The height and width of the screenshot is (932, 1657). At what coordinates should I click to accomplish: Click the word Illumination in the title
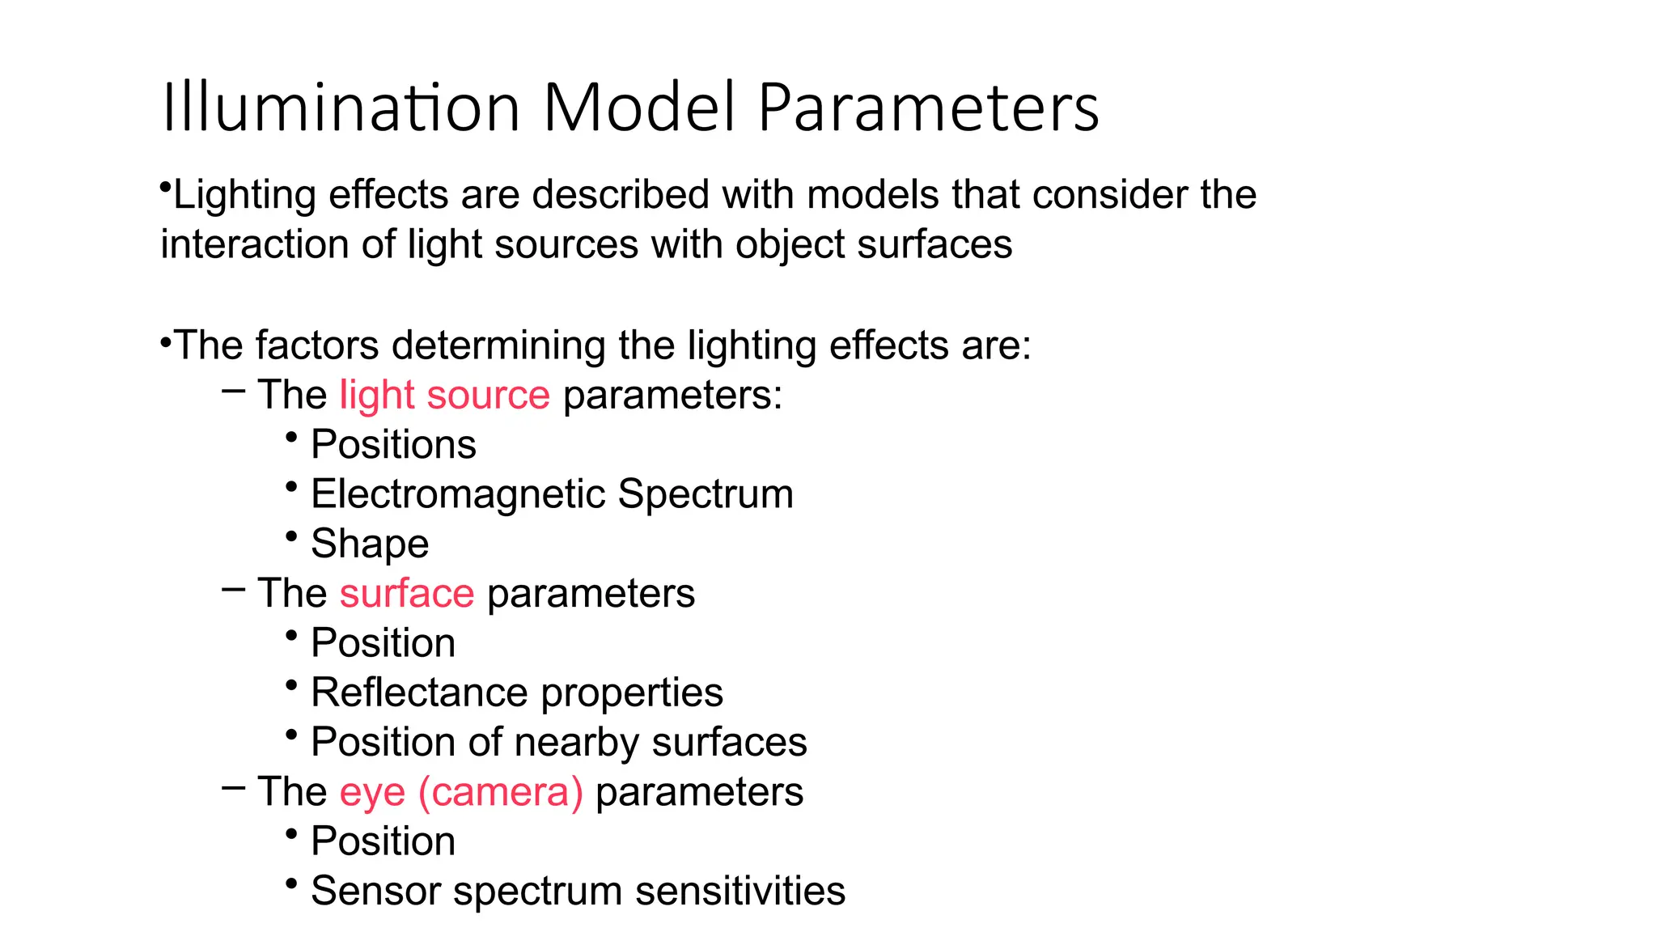pos(340,108)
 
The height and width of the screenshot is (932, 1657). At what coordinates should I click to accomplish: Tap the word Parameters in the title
pos(928,108)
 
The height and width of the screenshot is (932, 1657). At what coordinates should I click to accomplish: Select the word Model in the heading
pos(639,108)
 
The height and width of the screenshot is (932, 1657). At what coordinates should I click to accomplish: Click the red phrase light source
pos(444,396)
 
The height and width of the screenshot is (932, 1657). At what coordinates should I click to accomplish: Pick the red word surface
pos(406,594)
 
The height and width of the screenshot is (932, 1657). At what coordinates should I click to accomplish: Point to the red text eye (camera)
pos(460,792)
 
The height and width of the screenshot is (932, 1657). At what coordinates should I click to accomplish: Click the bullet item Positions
pos(393,445)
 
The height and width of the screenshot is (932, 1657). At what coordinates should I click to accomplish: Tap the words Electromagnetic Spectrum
pos(552,494)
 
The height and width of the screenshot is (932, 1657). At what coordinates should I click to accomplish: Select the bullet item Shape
pos(370,544)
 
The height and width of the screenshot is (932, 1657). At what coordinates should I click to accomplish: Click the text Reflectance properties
pos(516,693)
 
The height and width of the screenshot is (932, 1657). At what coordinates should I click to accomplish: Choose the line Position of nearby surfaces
pos(558,743)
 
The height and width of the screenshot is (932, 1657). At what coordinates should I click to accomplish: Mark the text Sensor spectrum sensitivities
pos(578,892)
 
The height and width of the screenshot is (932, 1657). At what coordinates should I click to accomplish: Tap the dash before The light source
pos(233,392)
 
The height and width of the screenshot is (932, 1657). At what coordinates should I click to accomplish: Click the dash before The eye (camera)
pos(233,787)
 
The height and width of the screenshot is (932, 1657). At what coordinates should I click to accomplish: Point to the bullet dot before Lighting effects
pos(165,189)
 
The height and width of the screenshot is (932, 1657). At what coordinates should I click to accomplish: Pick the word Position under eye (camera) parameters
pos(383,841)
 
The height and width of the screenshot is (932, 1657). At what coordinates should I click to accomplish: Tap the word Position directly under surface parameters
pos(383,643)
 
